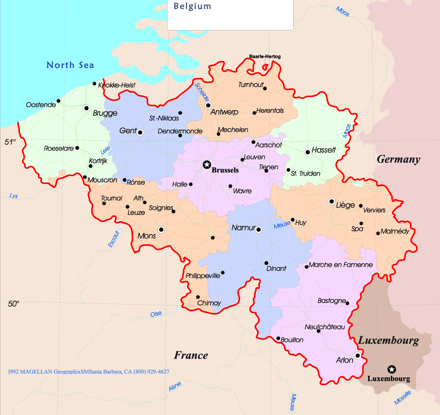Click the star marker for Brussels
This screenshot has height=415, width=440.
click(x=207, y=165)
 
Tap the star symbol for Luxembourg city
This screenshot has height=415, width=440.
click(x=392, y=369)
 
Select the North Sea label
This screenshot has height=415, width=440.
click(x=70, y=65)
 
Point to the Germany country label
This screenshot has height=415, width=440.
click(x=398, y=159)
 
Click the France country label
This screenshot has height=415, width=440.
click(x=191, y=355)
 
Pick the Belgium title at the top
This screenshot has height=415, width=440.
click(x=192, y=6)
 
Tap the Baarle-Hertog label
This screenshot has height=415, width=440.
click(x=265, y=56)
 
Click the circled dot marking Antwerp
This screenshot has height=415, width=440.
click(x=208, y=105)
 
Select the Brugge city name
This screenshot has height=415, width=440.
click(x=105, y=113)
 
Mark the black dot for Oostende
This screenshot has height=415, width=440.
click(x=58, y=101)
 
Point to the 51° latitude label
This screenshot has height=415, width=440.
click(x=10, y=142)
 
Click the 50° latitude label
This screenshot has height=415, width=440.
click(x=13, y=304)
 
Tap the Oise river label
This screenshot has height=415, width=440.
click(x=156, y=314)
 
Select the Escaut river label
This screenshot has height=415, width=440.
click(x=114, y=239)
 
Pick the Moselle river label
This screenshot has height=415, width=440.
click(x=402, y=398)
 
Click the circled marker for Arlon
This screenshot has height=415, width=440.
click(x=357, y=355)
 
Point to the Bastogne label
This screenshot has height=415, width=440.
click(x=331, y=301)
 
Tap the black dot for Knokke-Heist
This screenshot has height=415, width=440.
click(x=95, y=84)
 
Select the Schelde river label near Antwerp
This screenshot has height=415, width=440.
click(x=202, y=92)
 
